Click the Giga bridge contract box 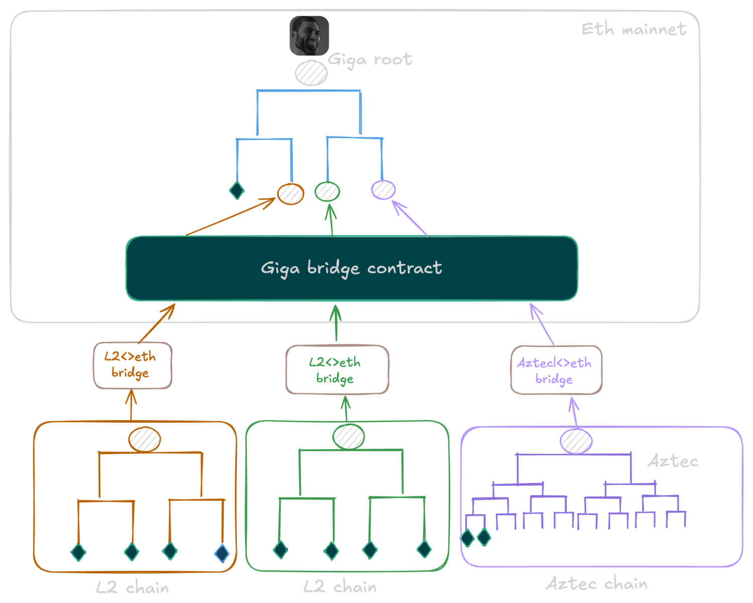(351, 268)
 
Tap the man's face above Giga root (309, 35)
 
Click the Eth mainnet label (634, 30)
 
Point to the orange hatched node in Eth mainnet (291, 194)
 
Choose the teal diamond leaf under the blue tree (237, 190)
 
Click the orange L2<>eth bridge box (132, 365)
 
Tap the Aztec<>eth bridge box (556, 370)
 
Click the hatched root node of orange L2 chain (145, 439)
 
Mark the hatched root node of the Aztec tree (576, 442)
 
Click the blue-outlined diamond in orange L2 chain (222, 553)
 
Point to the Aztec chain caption (596, 584)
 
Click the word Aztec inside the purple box (672, 461)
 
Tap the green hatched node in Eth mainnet (327, 191)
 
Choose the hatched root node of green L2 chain (348, 436)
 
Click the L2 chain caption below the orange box (133, 587)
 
